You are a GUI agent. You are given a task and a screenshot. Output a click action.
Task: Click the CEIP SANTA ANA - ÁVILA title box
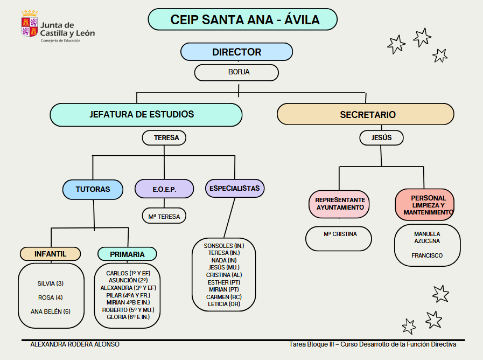tap(242, 19)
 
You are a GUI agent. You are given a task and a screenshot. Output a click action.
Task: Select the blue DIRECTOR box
tap(236, 52)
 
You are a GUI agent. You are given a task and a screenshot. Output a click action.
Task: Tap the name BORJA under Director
tap(236, 72)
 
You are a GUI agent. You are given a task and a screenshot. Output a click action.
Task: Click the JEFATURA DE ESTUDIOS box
tap(146, 115)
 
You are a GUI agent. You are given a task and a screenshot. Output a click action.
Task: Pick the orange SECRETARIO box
tap(365, 115)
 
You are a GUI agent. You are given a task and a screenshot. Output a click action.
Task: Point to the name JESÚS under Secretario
tap(381, 138)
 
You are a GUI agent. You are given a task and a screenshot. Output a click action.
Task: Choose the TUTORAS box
tap(93, 189)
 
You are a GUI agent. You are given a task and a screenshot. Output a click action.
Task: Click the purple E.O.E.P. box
tap(164, 189)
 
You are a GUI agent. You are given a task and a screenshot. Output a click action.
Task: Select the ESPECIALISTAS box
tap(234, 189)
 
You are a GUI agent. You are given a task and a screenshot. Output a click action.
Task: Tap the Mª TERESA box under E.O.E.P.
tap(164, 217)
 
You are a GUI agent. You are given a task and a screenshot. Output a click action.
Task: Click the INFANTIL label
tap(50, 253)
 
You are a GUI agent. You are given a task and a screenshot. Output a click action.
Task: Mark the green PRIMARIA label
tap(127, 254)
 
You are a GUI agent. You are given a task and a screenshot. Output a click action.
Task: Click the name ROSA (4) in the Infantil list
tap(51, 297)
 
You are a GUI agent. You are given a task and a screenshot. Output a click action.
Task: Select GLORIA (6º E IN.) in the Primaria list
tap(128, 317)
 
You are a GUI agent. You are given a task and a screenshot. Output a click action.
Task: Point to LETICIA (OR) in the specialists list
tap(223, 304)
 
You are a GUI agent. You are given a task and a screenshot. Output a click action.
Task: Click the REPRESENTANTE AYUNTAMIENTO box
tap(340, 203)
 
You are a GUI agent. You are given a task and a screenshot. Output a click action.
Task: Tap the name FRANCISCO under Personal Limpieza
tap(427, 255)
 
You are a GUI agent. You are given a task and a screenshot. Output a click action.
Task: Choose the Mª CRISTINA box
tap(340, 234)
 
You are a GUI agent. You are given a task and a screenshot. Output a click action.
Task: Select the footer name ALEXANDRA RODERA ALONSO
tap(75, 344)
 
